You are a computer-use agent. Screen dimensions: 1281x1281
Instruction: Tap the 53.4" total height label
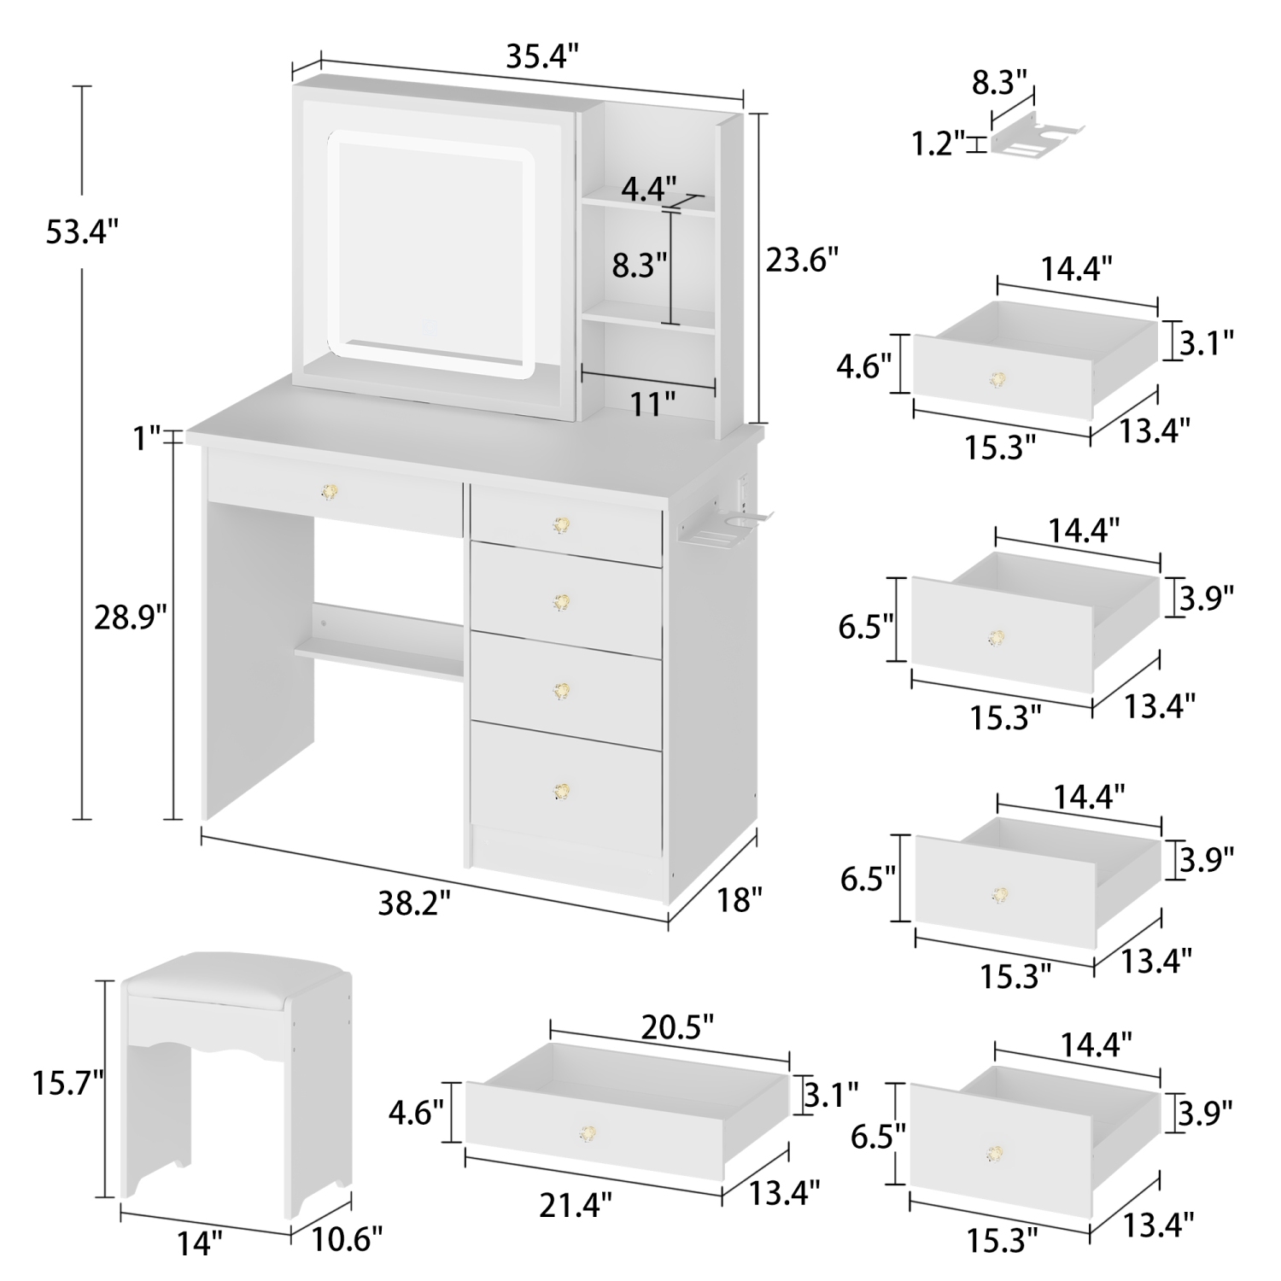pos(81,231)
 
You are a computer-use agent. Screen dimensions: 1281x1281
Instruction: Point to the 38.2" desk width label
pos(413,903)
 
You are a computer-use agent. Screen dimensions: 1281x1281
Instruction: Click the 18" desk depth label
pos(740,899)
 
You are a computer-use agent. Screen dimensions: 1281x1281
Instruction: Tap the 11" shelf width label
pos(652,403)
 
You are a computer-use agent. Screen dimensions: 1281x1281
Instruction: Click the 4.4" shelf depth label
pos(648,186)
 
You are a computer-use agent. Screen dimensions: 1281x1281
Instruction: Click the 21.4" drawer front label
pos(576,1205)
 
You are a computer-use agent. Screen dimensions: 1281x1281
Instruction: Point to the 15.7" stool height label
pos(68,1084)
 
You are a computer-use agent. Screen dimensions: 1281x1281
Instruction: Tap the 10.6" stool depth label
pos(346,1236)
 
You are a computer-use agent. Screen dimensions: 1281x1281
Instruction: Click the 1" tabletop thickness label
pos(146,438)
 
